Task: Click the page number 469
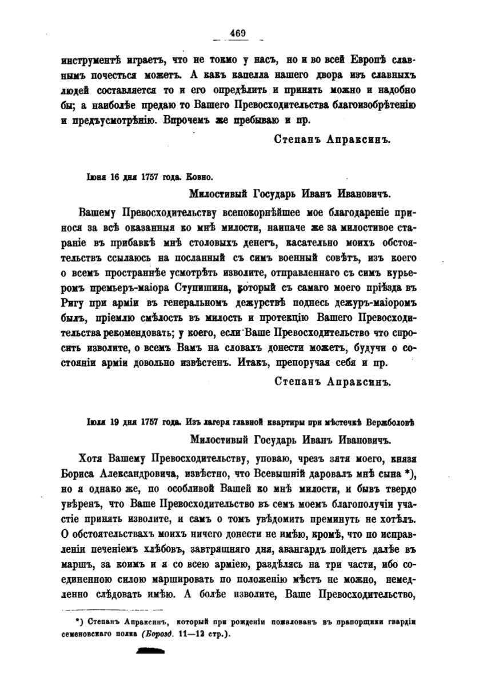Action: click(x=238, y=33)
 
